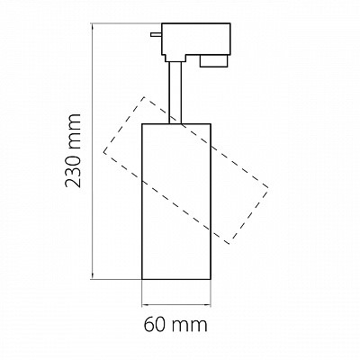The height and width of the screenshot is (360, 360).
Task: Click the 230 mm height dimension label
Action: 73,151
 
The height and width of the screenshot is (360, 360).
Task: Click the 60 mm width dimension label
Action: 175,325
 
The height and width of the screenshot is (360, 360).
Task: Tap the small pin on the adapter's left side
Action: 157,34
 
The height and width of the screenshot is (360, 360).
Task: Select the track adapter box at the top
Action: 196,42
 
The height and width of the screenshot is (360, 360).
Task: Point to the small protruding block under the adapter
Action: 214,61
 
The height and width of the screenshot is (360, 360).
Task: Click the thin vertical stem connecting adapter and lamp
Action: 175,93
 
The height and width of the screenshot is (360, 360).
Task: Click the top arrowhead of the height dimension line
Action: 93,27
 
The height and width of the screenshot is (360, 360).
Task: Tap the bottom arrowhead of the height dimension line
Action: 93,276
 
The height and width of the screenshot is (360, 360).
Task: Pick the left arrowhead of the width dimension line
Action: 145,305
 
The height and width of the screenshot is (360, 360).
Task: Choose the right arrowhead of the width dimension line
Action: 208,305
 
